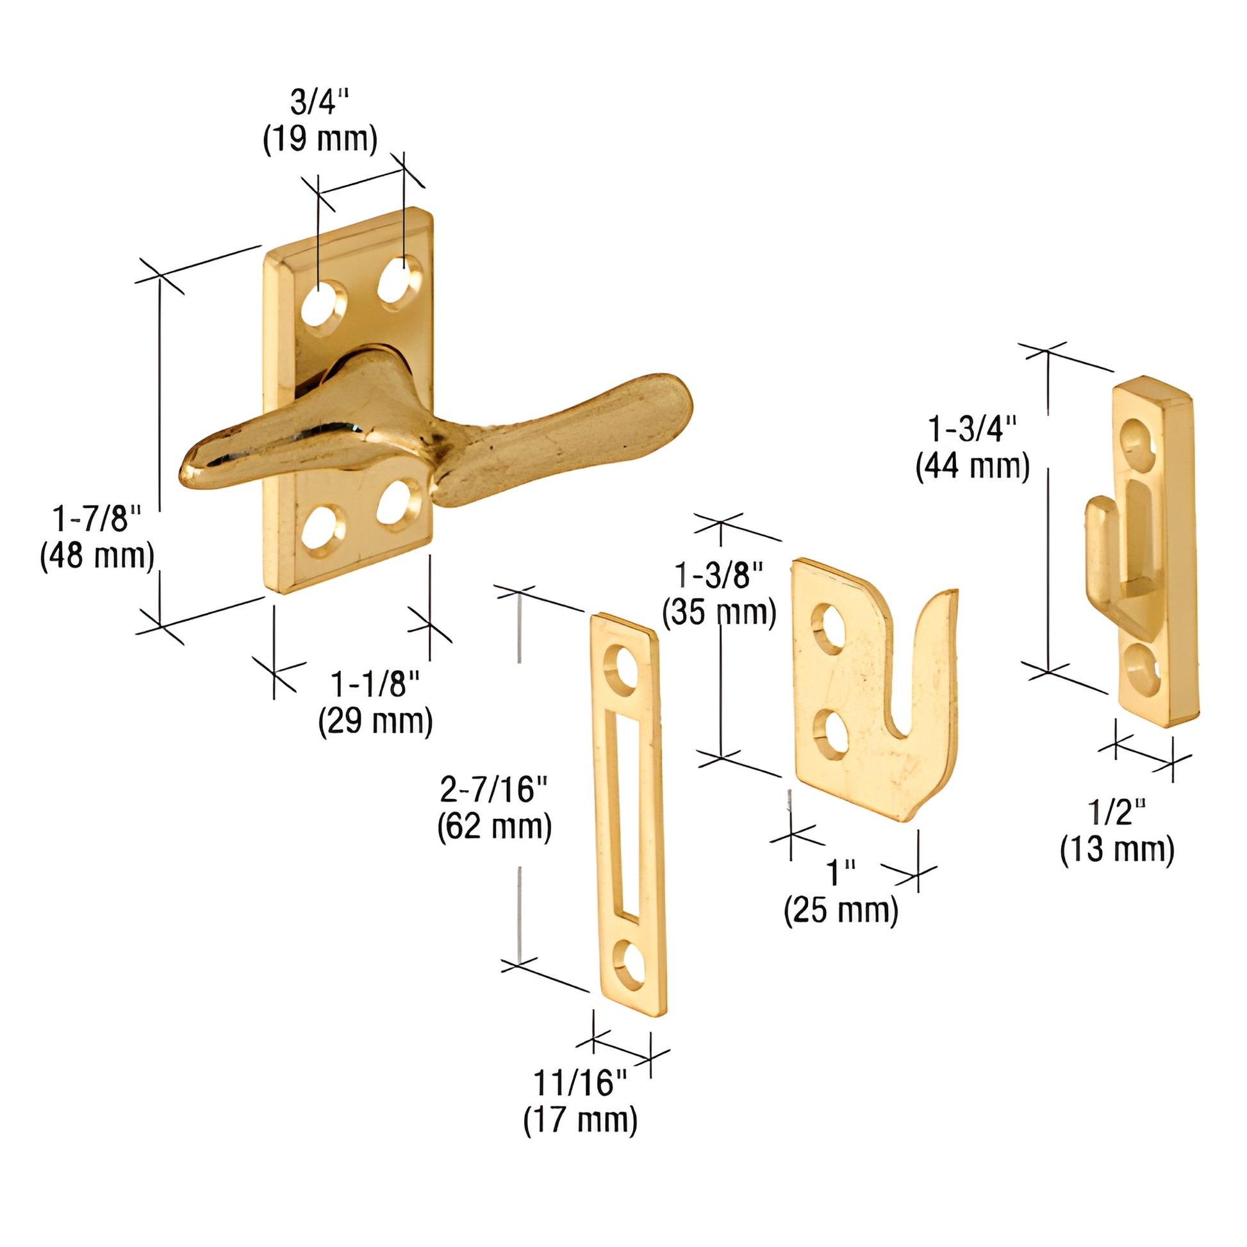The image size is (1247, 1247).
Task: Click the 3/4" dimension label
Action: point(320,102)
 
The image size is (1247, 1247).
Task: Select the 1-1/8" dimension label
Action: point(375,684)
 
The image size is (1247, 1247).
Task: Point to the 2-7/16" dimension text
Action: point(494,789)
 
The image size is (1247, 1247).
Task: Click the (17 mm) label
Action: point(581,1120)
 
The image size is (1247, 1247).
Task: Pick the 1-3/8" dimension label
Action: point(718,574)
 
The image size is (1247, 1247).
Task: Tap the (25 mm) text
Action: point(841,911)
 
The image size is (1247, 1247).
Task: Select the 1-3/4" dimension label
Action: point(972,429)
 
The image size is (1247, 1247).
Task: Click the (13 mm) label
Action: point(1117,849)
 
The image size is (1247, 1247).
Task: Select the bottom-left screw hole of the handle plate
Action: point(322,530)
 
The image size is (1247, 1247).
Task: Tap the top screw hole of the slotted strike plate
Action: point(621,670)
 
